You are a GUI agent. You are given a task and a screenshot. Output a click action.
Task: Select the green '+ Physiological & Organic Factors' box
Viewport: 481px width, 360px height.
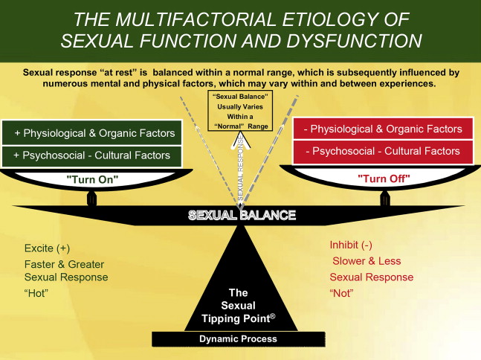click(94, 133)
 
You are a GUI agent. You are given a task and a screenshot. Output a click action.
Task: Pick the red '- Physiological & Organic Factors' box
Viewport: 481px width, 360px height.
click(383, 129)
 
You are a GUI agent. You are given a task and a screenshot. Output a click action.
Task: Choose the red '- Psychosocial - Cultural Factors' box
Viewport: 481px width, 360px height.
click(383, 151)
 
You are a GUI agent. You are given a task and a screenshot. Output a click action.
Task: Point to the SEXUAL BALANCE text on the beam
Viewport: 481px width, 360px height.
click(242, 216)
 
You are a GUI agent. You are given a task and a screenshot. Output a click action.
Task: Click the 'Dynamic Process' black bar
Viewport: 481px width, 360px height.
click(238, 339)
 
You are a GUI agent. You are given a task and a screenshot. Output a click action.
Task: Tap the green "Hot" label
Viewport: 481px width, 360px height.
click(36, 292)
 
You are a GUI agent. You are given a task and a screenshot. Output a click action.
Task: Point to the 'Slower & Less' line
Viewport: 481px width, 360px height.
click(367, 261)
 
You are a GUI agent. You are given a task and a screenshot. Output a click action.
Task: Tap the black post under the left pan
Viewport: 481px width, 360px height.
click(92, 199)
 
